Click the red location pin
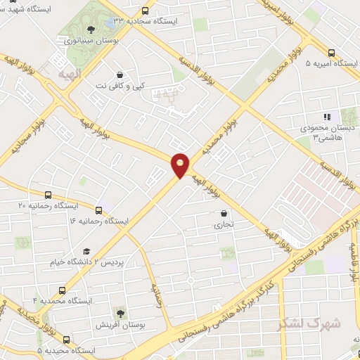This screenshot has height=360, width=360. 181,164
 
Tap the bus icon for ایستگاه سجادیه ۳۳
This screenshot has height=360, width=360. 146,11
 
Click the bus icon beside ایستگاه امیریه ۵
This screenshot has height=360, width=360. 332,52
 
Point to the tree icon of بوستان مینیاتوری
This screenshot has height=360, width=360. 90,30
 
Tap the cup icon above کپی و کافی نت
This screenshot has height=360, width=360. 120,74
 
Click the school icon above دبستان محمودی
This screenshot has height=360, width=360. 326,117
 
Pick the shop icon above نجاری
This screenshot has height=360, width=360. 224,213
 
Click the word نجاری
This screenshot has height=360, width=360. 223,225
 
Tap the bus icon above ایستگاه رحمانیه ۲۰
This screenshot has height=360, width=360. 47,194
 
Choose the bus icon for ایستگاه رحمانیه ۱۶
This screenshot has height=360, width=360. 98,210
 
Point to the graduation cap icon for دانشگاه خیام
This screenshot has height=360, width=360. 86,251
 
